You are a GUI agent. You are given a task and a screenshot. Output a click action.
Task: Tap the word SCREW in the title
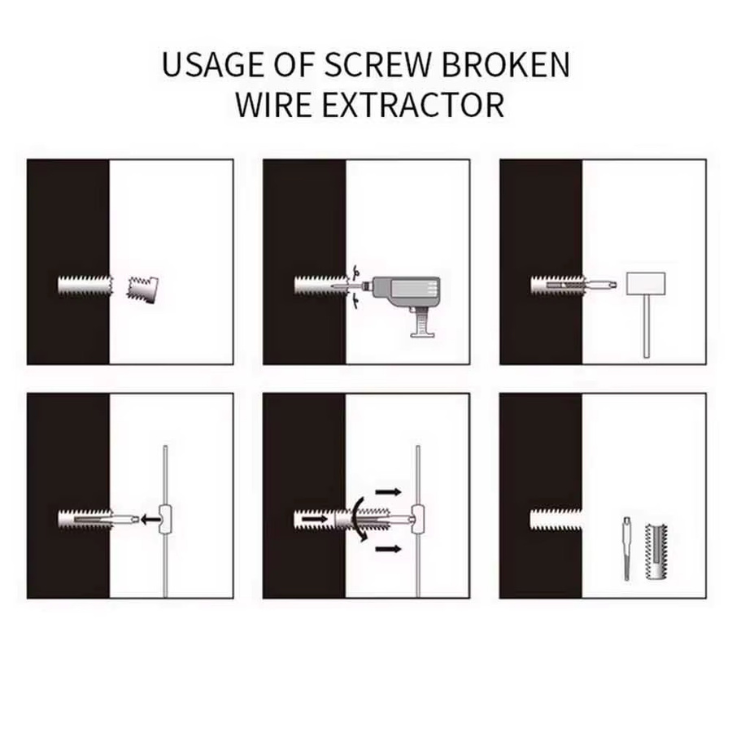[x=377, y=64]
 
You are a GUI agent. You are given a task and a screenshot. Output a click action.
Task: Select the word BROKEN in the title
[x=506, y=64]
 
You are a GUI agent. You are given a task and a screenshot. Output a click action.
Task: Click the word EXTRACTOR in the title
[x=413, y=106]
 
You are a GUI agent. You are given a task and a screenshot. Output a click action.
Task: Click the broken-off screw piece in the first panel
[x=143, y=290]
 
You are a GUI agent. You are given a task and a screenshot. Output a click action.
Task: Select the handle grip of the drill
[x=422, y=323]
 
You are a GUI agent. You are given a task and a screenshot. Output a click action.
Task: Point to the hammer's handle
[x=647, y=327]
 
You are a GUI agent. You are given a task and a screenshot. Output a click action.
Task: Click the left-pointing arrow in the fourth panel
[x=150, y=519]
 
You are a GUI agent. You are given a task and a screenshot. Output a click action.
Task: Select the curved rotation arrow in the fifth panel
[x=357, y=519]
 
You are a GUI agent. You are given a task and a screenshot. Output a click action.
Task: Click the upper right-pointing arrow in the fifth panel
[x=389, y=491]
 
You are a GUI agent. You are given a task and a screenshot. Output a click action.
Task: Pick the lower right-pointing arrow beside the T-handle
[x=389, y=549]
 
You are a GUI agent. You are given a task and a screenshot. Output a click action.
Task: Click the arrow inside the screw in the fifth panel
[x=315, y=519]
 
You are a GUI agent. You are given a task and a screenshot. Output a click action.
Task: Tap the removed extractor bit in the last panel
[x=626, y=548]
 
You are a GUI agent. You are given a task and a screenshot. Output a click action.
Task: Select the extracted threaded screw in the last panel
[x=656, y=551]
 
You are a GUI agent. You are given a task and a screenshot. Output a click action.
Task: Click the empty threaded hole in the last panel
[x=556, y=519]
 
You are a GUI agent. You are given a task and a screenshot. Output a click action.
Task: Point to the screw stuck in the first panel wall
[x=85, y=285]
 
